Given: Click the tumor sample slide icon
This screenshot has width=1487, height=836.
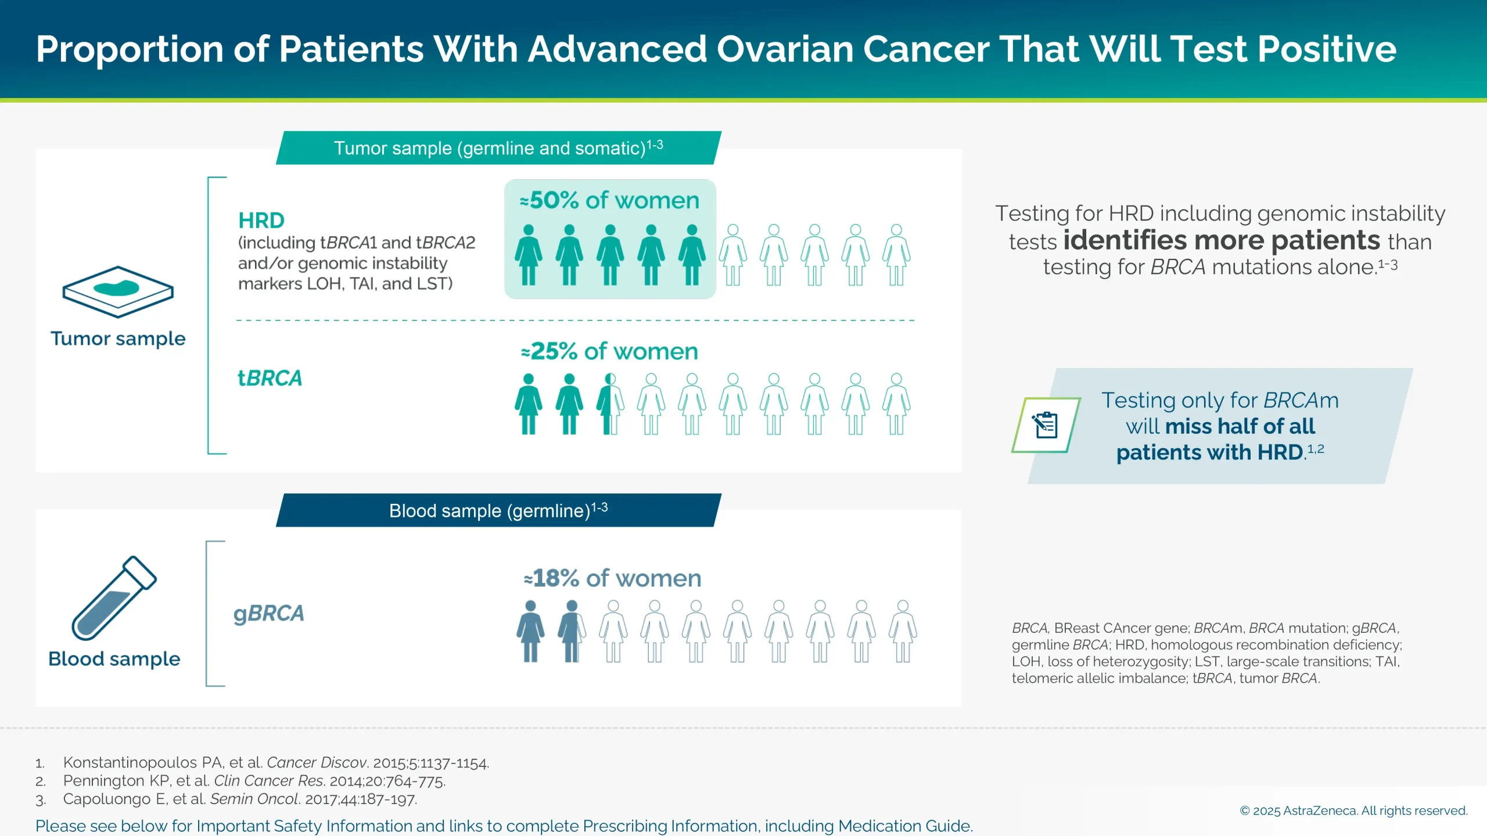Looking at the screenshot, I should (x=118, y=291).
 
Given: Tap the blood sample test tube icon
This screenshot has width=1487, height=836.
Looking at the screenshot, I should (x=114, y=598).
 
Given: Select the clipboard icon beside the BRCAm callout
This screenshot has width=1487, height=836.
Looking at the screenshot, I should (x=1046, y=425).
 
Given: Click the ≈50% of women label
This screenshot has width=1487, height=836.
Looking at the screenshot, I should (x=609, y=200).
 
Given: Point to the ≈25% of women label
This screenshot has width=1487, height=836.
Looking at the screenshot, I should (x=609, y=351).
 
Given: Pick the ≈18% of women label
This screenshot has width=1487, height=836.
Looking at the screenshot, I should (x=612, y=578).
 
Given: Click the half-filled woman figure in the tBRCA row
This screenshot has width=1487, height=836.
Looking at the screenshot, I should (x=610, y=404).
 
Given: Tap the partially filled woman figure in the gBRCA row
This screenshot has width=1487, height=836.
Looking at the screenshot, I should (x=572, y=631).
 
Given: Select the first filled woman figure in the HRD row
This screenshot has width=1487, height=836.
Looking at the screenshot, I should (x=528, y=255).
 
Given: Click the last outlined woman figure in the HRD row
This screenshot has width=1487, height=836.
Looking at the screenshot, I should (x=896, y=255).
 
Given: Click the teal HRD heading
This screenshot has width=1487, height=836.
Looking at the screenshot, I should (x=261, y=221).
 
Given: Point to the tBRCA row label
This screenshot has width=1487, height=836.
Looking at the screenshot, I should (x=270, y=379).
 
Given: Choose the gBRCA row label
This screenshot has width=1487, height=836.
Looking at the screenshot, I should (x=269, y=614).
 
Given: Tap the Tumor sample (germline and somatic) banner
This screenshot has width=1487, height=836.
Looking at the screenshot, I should (x=498, y=148).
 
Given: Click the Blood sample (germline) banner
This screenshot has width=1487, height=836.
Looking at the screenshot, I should (x=498, y=510).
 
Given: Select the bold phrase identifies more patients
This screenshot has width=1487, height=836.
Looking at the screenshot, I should (x=1221, y=240).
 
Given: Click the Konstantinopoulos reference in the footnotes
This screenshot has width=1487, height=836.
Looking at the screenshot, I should (x=276, y=762).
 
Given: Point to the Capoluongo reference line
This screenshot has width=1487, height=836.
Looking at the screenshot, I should (x=239, y=799).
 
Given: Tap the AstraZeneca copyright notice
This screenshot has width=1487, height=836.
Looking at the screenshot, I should (x=1353, y=810).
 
